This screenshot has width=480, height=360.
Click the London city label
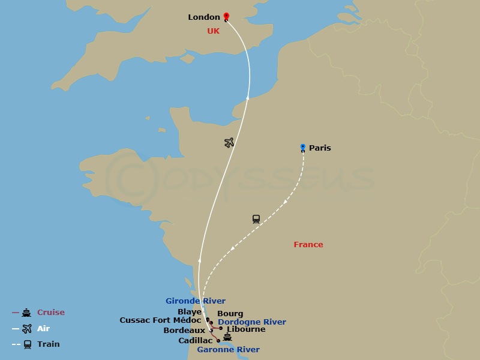click(204, 17)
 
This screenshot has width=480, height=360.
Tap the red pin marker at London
click(226, 17)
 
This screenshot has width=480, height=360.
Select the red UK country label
click(213, 31)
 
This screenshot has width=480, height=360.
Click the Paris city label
click(320, 148)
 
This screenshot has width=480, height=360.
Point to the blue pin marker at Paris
click(303, 147)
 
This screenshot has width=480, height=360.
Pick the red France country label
click(308, 245)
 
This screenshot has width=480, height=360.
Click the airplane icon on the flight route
click(229, 142)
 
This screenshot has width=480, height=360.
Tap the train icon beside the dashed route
click(256, 219)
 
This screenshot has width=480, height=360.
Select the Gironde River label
click(196, 301)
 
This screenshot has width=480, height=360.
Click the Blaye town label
click(190, 312)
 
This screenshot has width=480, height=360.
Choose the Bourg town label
click(230, 314)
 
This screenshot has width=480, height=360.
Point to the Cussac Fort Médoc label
click(160, 320)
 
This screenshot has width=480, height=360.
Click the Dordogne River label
click(252, 322)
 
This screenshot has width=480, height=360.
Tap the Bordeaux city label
click(184, 331)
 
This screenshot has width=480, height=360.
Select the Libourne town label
click(246, 329)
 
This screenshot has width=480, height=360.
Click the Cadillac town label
click(196, 341)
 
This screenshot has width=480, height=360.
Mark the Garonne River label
click(229, 350)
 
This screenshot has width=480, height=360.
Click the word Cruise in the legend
click(51, 313)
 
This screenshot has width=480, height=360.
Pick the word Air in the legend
click(44, 328)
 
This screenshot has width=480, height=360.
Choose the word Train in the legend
click(49, 344)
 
